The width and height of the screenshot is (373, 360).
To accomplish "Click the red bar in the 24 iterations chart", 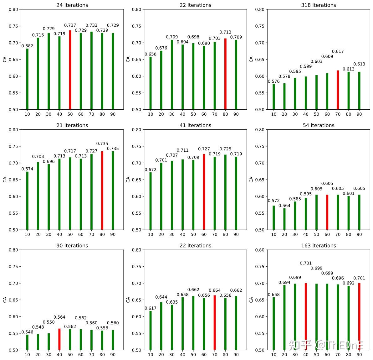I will (70, 70).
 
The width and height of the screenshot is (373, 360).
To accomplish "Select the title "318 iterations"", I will (319, 5).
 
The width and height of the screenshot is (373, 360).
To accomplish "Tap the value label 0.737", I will (70, 25).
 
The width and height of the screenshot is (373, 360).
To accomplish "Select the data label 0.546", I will (27, 332).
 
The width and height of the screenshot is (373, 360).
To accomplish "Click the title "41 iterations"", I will (195, 125).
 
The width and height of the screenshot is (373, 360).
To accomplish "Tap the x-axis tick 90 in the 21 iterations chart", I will (113, 234).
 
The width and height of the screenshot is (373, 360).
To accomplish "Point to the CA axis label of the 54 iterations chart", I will (251, 180).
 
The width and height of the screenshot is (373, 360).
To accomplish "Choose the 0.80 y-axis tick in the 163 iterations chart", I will (260, 250).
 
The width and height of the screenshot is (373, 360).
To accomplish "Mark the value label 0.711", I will (182, 150).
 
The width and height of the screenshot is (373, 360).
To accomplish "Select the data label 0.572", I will (274, 201).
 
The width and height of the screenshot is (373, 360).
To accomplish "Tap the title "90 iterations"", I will (72, 246).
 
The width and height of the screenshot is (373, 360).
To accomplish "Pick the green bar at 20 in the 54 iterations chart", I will (284, 219).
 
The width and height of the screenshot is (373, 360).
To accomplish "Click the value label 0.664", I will (215, 290).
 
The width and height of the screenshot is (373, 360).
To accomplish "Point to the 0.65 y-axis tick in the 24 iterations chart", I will (13, 60).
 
